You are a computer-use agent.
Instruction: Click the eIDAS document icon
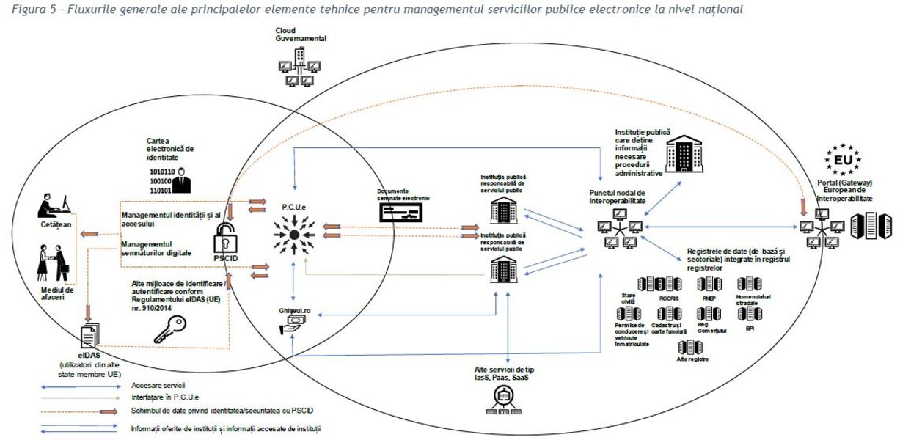[x=89, y=336]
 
